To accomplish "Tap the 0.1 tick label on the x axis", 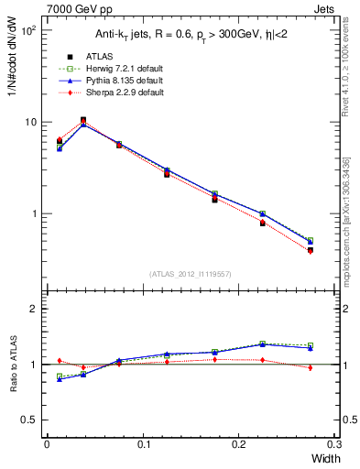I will (x=144, y=443).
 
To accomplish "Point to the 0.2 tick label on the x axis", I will (x=240, y=443).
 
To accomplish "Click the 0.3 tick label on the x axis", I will (x=335, y=443).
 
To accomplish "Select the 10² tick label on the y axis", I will (x=29, y=31).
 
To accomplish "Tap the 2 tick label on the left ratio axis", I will (x=33, y=310).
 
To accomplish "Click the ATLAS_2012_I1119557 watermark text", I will (x=191, y=274).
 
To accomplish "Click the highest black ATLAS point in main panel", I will (x=83, y=120).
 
